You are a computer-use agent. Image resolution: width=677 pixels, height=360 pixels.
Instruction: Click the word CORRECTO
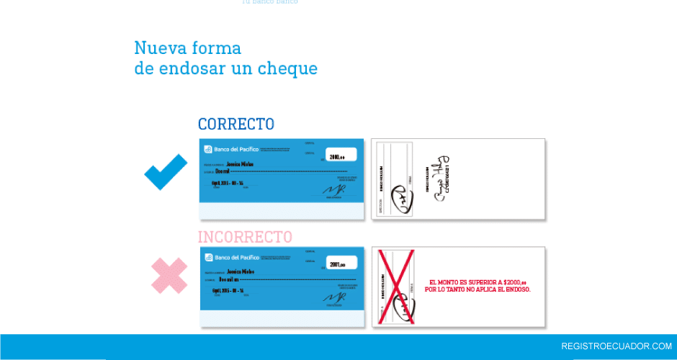point(236,124)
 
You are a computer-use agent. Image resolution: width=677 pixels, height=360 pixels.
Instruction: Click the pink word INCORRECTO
point(245,237)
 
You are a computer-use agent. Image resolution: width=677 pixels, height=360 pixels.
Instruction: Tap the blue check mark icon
point(166,172)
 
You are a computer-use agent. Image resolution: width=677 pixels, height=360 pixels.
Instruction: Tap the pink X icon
point(169,276)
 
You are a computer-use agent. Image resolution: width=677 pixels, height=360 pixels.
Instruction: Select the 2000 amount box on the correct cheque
point(342,156)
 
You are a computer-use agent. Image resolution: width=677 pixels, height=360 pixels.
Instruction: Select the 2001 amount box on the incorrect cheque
point(342,264)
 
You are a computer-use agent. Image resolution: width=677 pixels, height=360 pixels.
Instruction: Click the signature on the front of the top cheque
point(333,189)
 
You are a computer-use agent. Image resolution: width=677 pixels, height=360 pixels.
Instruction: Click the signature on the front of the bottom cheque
point(333,297)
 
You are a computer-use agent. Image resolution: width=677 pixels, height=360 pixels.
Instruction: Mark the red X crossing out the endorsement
point(397,287)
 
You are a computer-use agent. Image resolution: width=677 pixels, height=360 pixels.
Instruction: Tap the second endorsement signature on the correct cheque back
point(441,178)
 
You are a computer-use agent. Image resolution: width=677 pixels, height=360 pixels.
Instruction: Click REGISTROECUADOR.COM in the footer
point(616,346)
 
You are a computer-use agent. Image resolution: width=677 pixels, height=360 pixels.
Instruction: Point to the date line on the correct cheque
point(228,183)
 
